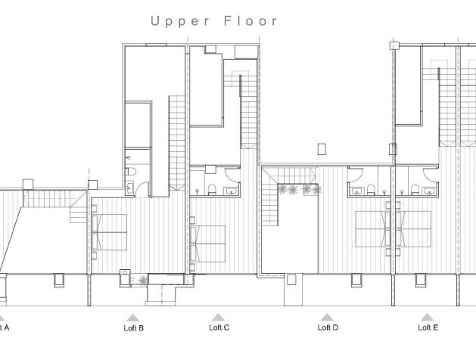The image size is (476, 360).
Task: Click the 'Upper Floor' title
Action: [215, 20]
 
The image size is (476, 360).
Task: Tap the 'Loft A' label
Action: [4, 327]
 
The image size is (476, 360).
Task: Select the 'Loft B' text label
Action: [133, 328]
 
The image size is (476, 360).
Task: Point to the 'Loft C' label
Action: [219, 327]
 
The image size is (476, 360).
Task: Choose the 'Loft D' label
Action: [327, 328]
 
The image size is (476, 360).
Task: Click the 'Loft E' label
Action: [428, 327]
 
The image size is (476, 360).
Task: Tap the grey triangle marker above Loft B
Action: [133, 317]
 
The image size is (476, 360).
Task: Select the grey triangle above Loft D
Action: [327, 317]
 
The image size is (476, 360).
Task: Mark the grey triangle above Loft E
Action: [428, 317]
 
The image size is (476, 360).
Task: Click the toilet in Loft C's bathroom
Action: [214, 189]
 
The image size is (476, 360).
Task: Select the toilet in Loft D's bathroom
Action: [375, 188]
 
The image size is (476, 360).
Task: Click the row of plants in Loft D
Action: [297, 190]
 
